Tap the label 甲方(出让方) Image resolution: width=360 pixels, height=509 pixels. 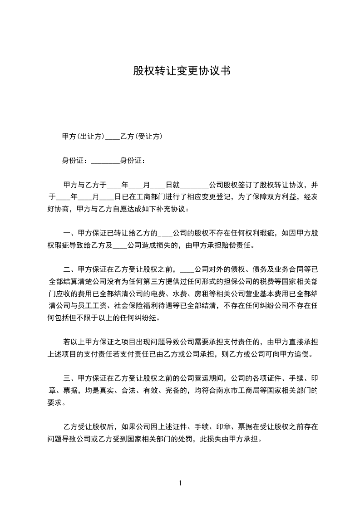point(83,136)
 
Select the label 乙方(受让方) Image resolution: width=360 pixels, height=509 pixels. point(141,136)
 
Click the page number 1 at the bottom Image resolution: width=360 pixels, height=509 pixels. point(180,483)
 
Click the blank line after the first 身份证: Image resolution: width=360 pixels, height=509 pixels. point(105,160)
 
